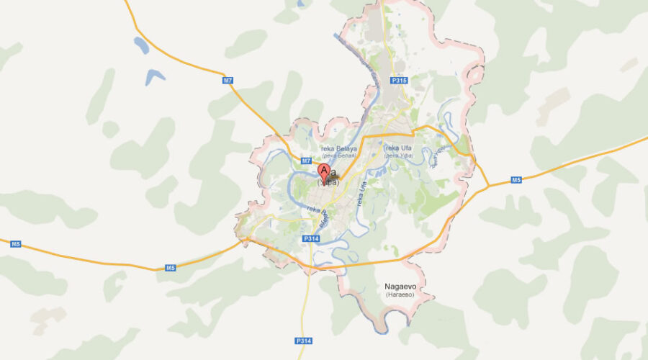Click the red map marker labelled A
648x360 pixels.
coord(324,171)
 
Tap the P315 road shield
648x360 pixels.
coord(399,81)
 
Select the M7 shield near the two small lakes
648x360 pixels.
coord(228,81)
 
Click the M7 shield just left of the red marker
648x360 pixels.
coord(306,160)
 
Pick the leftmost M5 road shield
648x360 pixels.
coord(16,245)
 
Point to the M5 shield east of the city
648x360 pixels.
coord(516,179)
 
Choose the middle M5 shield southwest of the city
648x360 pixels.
coord(170,268)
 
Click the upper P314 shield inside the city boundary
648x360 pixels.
coord(311,238)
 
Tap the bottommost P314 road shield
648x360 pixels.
coord(302,340)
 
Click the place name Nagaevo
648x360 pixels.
coord(401,286)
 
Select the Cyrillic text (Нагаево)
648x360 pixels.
coord(401,294)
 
